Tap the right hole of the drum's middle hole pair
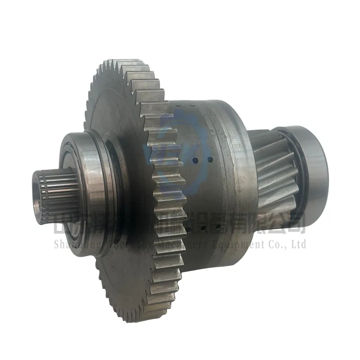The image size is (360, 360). click(x=210, y=158)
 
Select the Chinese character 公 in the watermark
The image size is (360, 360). click(x=275, y=224)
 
